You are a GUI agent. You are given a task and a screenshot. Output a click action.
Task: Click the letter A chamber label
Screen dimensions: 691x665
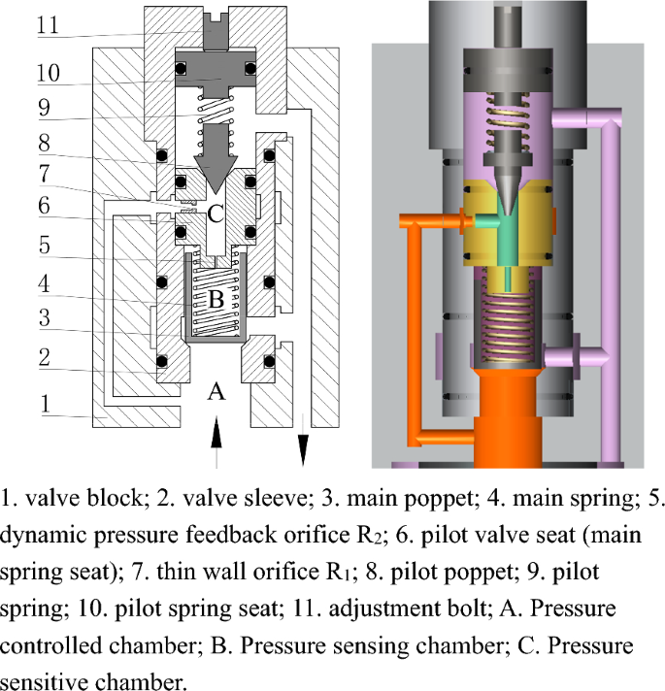coord(216,392)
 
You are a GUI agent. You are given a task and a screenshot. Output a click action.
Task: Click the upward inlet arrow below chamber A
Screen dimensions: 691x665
coord(216,433)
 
